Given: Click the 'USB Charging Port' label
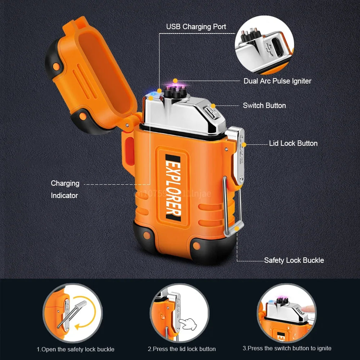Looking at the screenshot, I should (196, 27).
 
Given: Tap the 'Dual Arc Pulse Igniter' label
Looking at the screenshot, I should (277, 81).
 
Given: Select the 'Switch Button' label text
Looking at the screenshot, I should (264, 105).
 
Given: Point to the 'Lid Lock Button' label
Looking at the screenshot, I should (293, 143).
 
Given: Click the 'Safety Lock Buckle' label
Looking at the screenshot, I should (294, 260).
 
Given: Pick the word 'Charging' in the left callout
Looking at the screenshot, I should (65, 183).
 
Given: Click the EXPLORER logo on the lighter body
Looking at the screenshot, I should (173, 187).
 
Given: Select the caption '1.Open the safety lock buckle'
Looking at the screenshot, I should (75, 349).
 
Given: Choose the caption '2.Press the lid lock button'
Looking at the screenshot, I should (181, 349).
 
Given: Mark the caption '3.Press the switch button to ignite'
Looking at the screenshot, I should (287, 348).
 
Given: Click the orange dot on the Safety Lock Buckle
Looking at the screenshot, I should (237, 228).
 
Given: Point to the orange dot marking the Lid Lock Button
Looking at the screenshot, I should (244, 145).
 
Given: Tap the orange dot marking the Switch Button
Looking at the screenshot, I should (213, 106).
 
